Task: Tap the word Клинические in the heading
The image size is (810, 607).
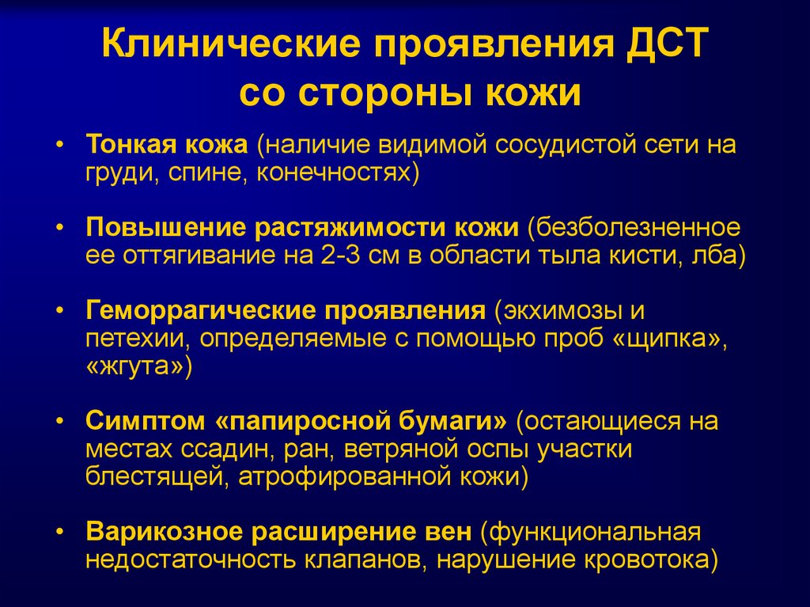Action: tap(230, 44)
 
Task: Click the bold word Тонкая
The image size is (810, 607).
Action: tap(128, 144)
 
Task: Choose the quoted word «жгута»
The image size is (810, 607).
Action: tap(134, 366)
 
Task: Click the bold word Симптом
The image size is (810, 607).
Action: tap(146, 422)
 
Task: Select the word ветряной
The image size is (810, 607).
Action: tap(401, 450)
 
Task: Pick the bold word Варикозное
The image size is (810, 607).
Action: tap(164, 532)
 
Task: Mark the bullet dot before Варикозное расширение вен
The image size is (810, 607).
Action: tap(60, 532)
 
